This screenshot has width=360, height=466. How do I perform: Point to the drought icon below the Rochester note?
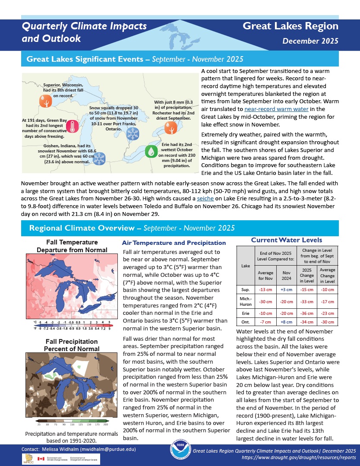(171, 128)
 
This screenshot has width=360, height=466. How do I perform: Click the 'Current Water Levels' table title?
(286, 240)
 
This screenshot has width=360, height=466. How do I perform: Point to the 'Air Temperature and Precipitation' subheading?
(174, 243)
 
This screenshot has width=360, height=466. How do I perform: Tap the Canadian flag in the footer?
(41, 459)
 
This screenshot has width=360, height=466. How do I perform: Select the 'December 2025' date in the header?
(310, 41)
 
